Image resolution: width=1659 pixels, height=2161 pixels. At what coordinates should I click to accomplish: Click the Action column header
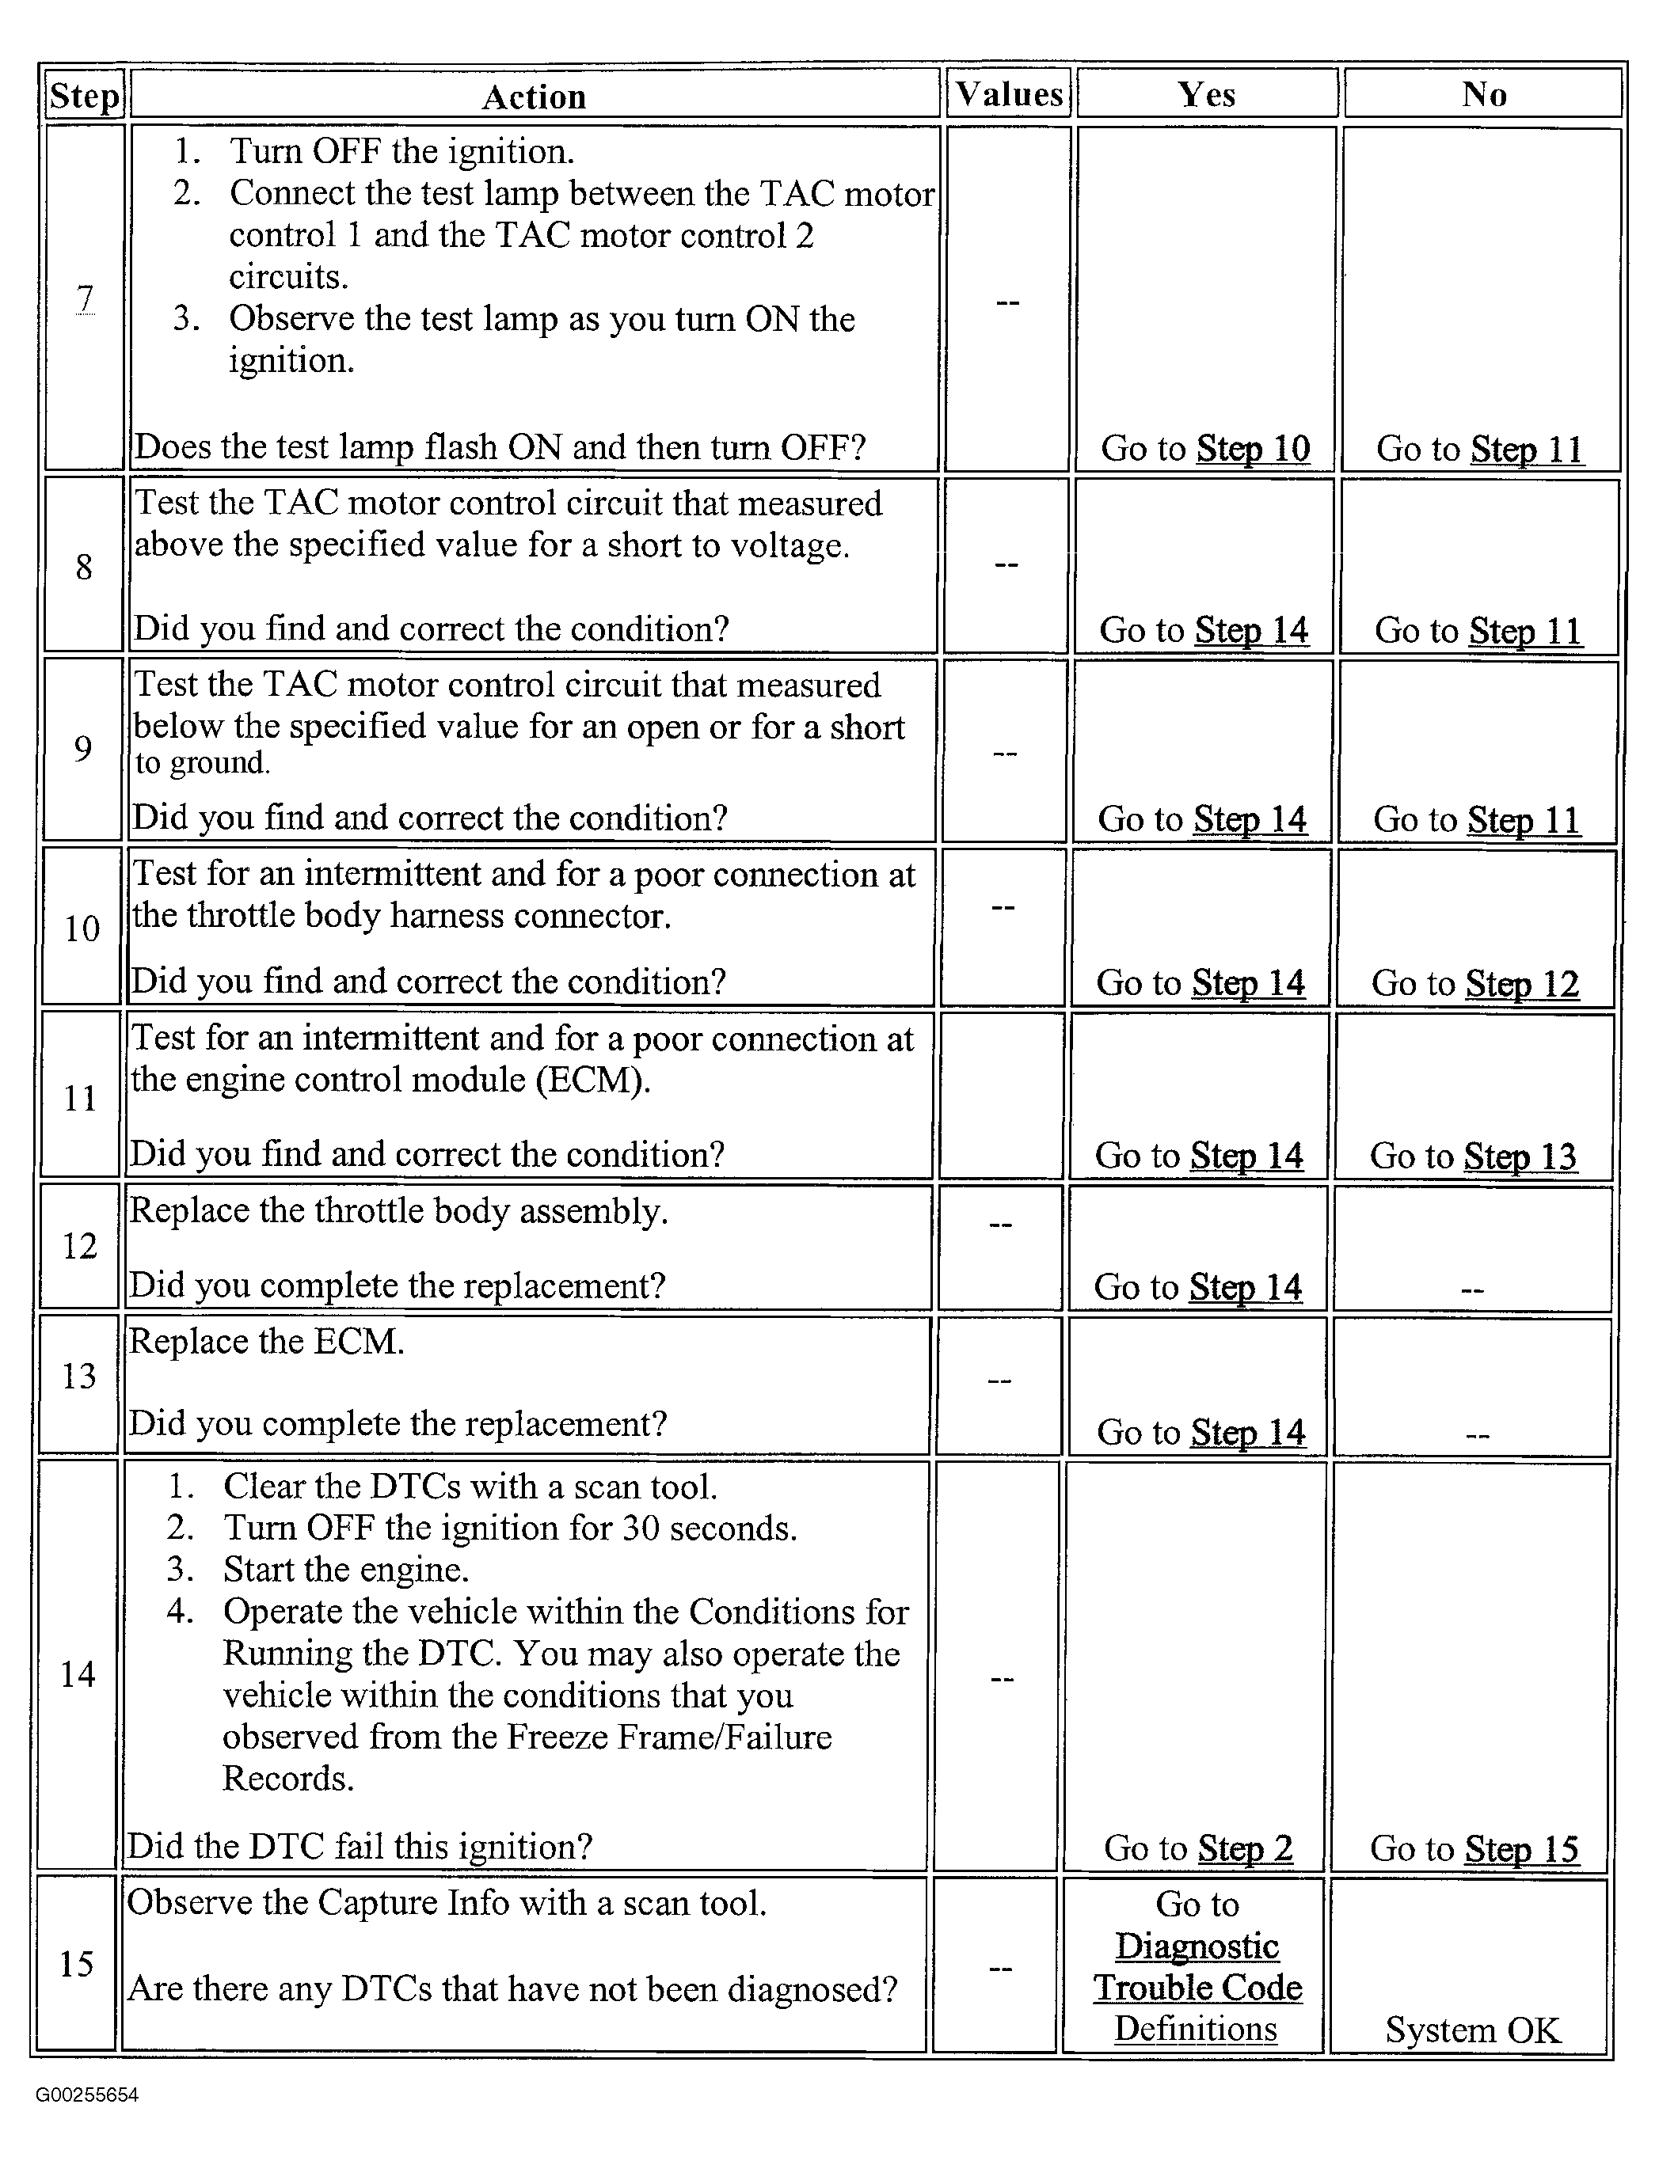click(x=535, y=97)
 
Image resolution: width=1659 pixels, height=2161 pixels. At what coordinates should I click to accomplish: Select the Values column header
click(x=1009, y=95)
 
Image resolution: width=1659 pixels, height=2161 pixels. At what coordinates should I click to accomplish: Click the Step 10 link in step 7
click(x=1253, y=448)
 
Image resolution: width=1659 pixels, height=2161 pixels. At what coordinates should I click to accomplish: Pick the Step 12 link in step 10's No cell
click(x=1522, y=983)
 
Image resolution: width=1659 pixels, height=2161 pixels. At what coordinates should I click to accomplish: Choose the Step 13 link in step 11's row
click(x=1520, y=1156)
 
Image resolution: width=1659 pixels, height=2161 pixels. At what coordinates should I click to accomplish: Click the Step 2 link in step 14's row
click(x=1242, y=1848)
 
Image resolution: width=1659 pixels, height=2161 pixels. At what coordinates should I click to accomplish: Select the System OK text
click(x=1472, y=2030)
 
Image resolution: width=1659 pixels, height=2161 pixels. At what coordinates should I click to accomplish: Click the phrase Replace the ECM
click(x=267, y=1342)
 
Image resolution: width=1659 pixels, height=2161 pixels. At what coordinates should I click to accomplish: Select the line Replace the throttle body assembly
click(x=399, y=1211)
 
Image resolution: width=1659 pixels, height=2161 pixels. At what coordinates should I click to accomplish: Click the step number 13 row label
click(x=79, y=1377)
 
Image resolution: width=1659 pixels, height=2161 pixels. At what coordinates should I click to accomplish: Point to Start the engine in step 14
click(x=345, y=1570)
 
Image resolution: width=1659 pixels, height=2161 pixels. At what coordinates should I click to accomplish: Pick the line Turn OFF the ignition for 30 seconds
click(x=509, y=1529)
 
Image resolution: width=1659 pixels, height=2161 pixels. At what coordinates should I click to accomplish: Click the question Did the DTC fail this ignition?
click(x=360, y=1847)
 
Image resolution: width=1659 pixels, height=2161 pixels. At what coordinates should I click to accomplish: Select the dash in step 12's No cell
click(x=1471, y=1290)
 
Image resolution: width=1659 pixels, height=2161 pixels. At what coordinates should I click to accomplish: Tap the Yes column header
click(x=1207, y=95)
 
